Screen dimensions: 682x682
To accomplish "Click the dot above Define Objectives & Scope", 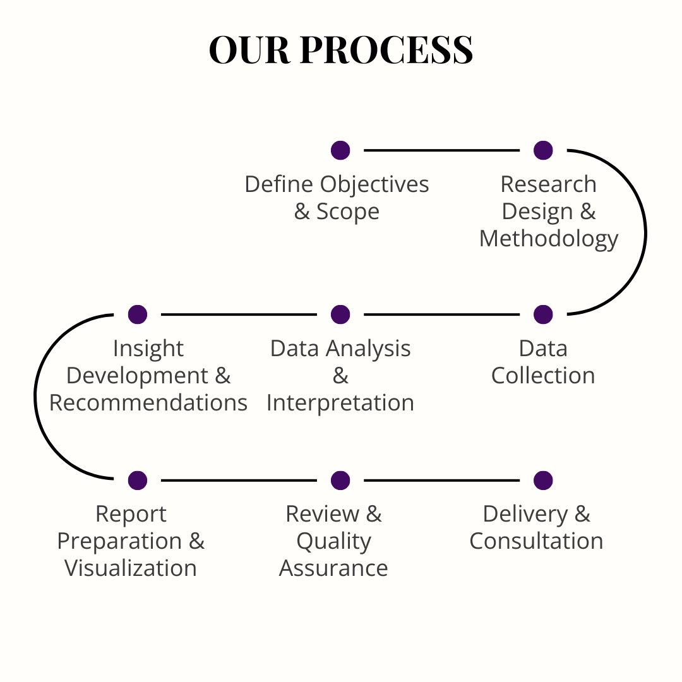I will (340, 150).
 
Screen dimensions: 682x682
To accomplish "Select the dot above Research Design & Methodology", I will (543, 150).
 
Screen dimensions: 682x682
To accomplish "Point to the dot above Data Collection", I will (543, 314).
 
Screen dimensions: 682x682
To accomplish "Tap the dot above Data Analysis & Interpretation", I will (340, 314).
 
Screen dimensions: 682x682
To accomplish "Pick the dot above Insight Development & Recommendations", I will (137, 314).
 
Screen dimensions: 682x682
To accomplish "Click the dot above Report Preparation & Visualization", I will (137, 481).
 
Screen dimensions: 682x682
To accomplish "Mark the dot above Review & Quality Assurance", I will (340, 481).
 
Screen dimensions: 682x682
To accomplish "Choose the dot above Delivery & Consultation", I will (543, 481).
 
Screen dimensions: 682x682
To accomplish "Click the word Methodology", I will (549, 239).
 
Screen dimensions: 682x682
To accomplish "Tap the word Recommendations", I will (148, 403).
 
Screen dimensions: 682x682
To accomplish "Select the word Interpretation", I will (340, 403).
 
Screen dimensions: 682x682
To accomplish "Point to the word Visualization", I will (131, 568).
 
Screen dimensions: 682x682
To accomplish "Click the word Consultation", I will (536, 541).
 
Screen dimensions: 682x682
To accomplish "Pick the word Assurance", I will (333, 568).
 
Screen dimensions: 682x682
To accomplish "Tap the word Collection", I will (543, 376).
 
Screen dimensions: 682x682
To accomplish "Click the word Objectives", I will (374, 184).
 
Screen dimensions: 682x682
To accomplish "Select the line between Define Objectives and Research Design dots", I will (441, 150).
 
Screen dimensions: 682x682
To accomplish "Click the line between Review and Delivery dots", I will (441, 481).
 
